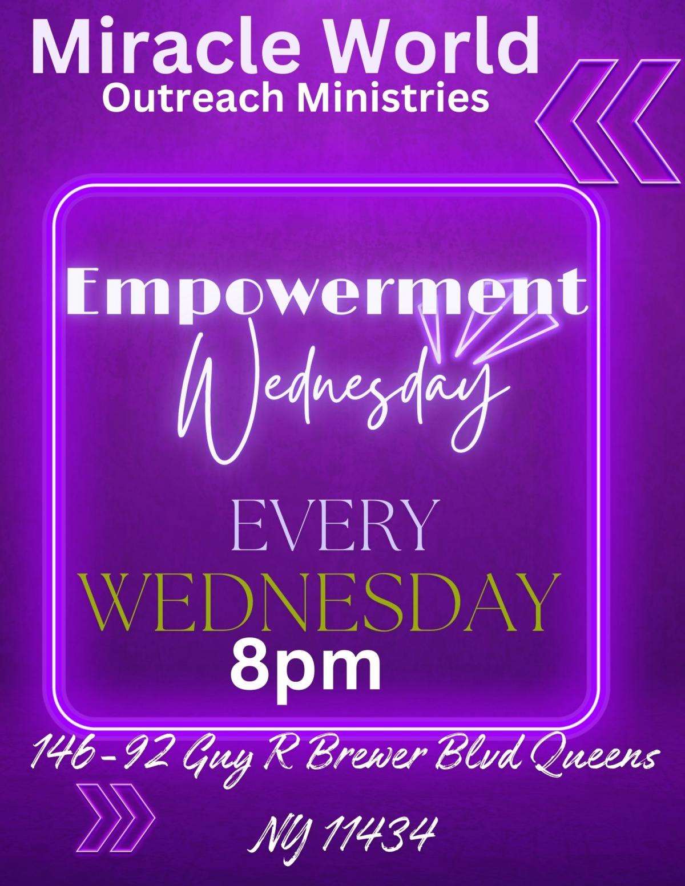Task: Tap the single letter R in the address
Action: point(277,758)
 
